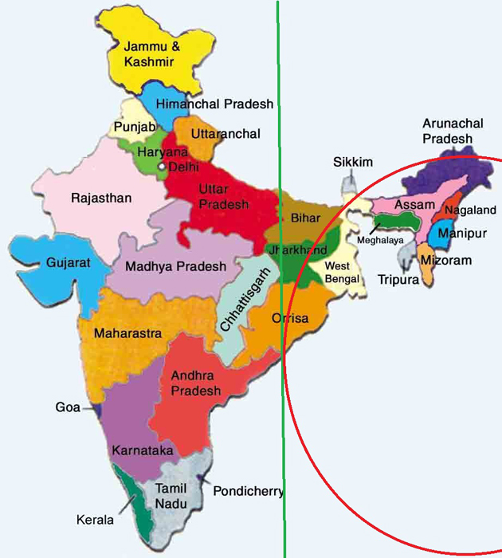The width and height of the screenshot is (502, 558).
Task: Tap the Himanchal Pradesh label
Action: pyautogui.click(x=214, y=104)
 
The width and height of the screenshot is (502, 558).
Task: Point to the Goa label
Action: pyautogui.click(x=68, y=407)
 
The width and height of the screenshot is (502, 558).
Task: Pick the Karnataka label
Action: pyautogui.click(x=143, y=451)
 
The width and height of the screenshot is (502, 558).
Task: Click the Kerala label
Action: pyautogui.click(x=95, y=520)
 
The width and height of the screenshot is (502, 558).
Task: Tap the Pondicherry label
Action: pyautogui.click(x=248, y=491)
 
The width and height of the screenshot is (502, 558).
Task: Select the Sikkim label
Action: pyautogui.click(x=353, y=163)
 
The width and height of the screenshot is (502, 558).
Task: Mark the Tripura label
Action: pyautogui.click(x=397, y=280)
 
